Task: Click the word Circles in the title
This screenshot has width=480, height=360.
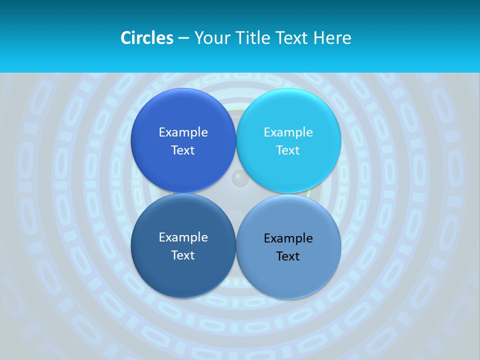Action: (x=146, y=38)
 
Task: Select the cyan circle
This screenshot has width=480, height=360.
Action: (x=288, y=140)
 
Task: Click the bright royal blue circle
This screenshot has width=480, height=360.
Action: (x=183, y=140)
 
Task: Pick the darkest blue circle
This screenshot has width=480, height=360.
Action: (x=183, y=245)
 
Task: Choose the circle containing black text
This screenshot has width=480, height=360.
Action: (x=288, y=246)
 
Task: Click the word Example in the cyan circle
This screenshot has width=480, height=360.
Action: (x=288, y=132)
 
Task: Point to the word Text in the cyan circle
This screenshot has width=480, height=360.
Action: (x=288, y=150)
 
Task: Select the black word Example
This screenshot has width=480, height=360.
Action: (x=288, y=238)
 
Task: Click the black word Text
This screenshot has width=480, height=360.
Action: (x=288, y=256)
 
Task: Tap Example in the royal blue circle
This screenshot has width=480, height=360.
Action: (x=183, y=132)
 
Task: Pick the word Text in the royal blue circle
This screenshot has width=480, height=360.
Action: (x=183, y=150)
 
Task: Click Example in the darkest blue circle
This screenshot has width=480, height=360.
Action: (x=183, y=237)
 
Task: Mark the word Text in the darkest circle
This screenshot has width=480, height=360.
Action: (x=183, y=255)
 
